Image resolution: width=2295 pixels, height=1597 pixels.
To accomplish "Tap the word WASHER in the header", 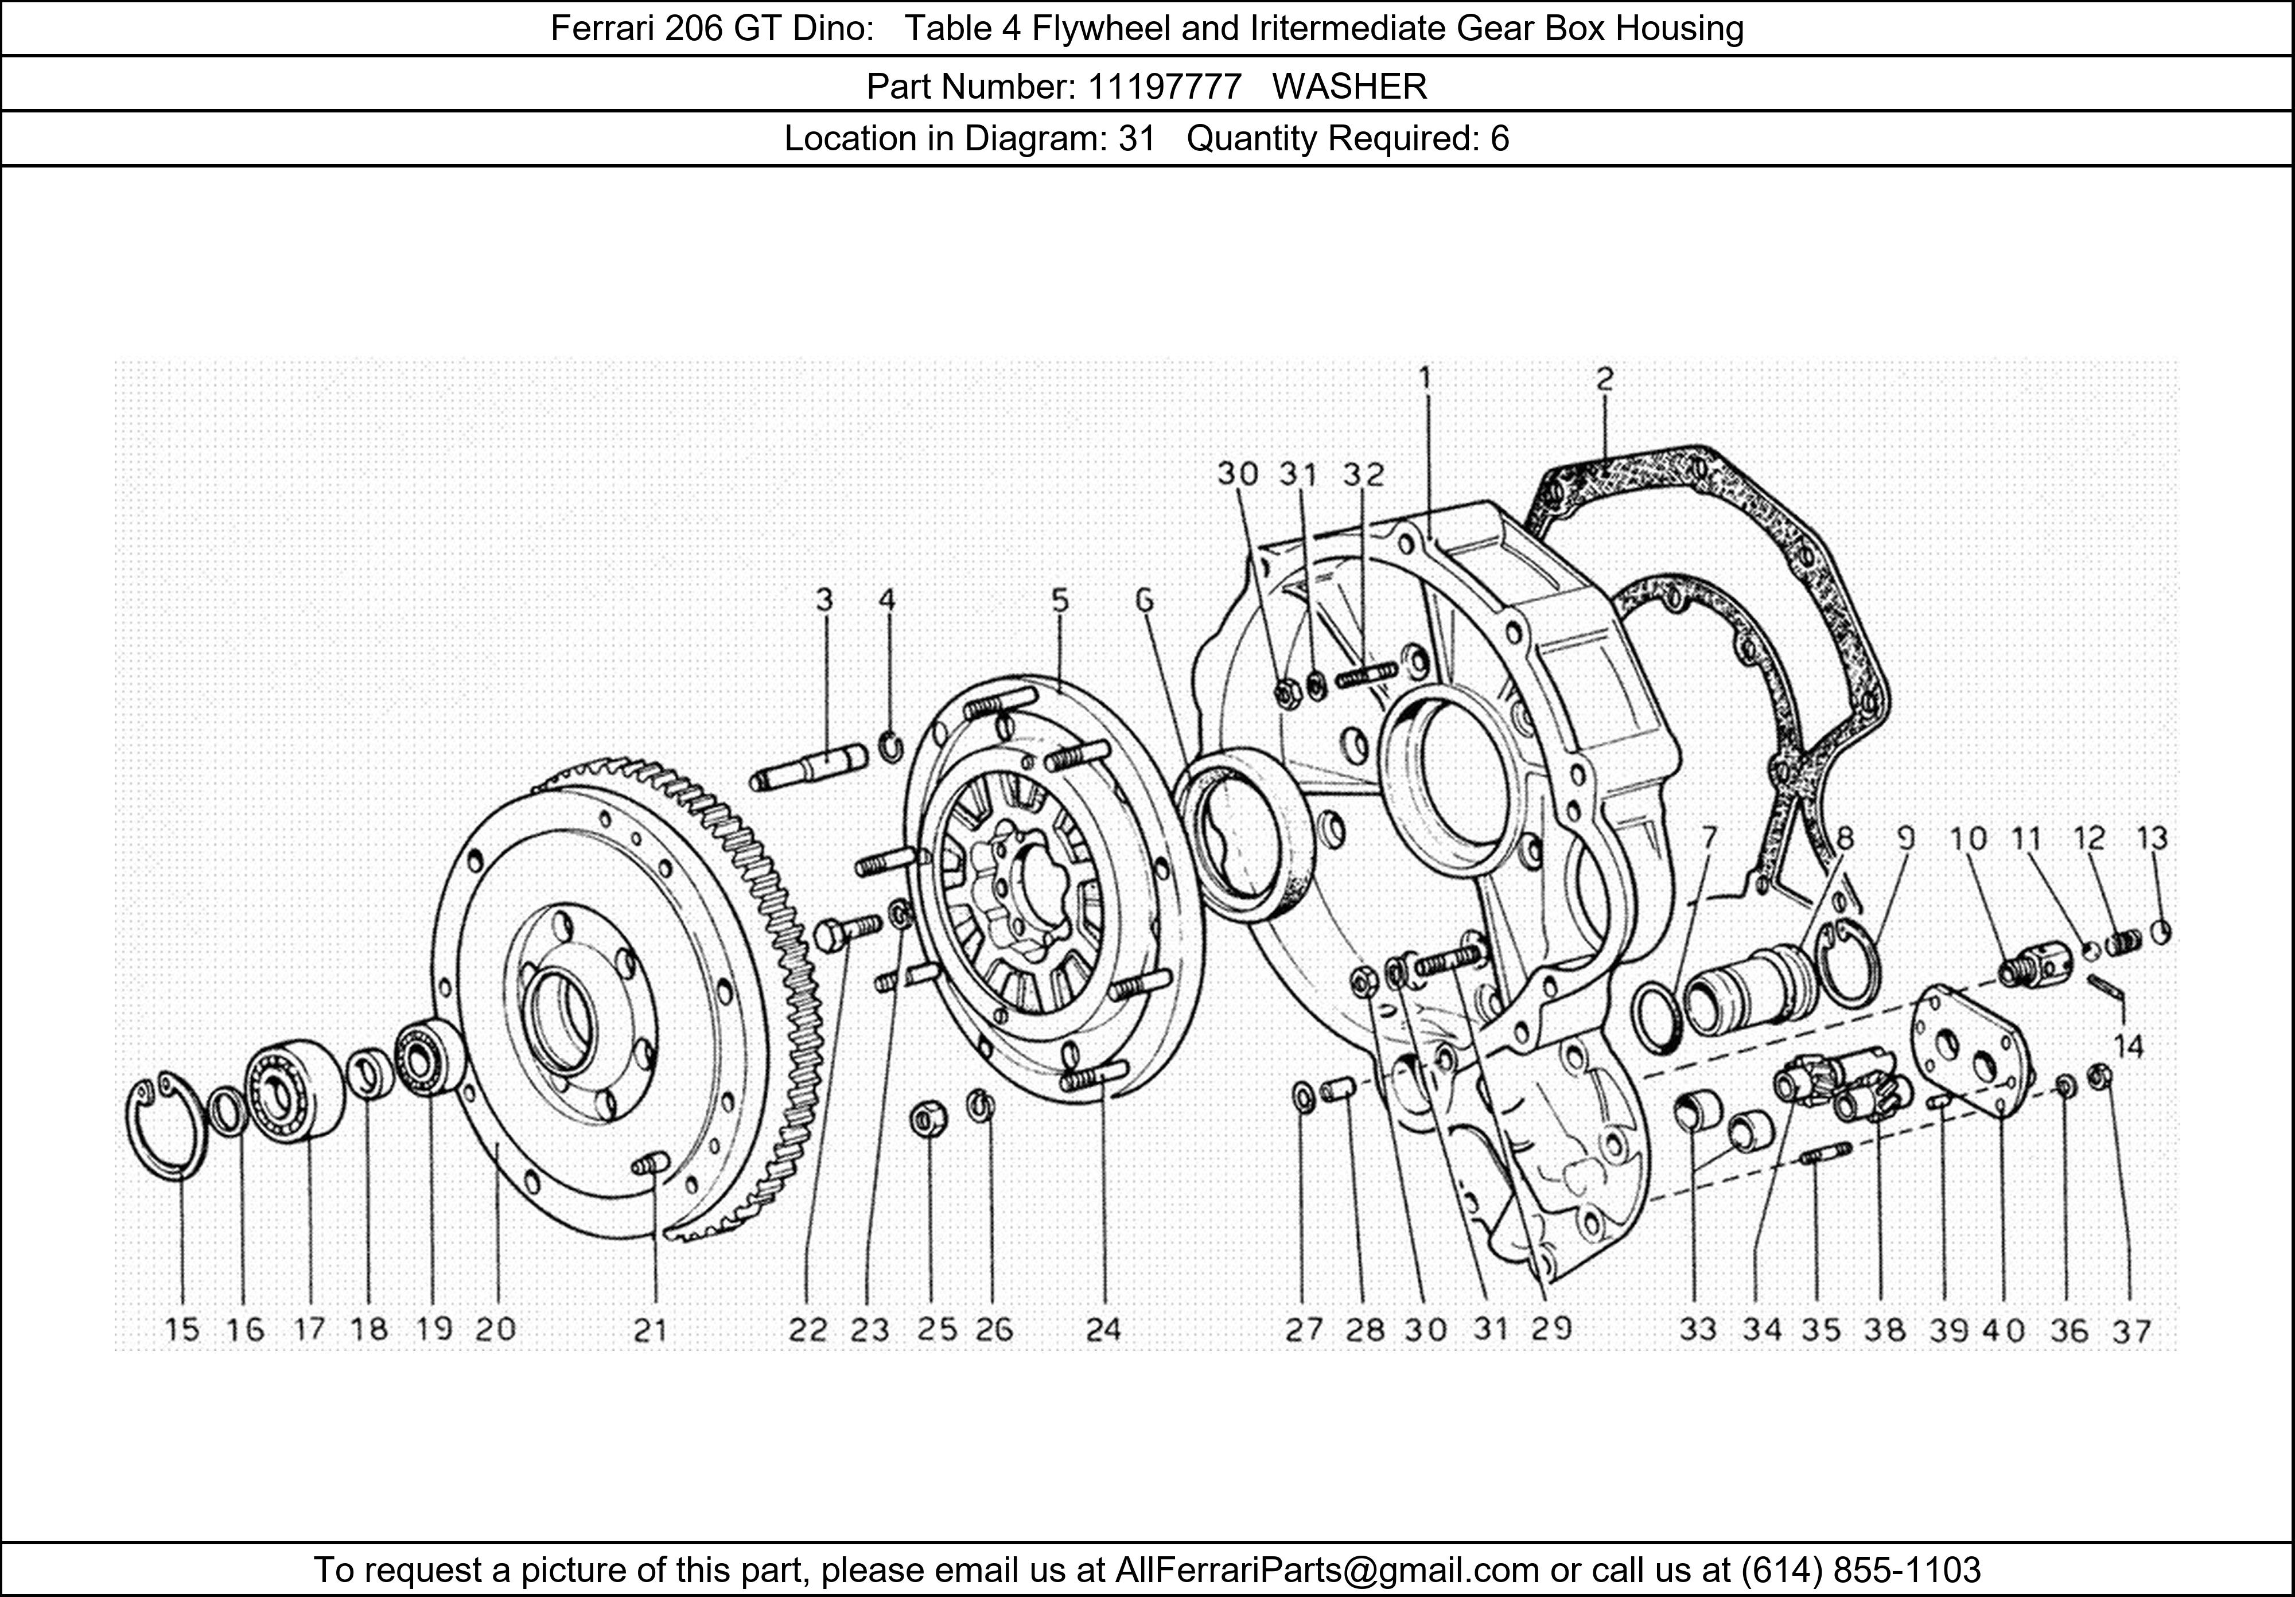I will [x=1349, y=87].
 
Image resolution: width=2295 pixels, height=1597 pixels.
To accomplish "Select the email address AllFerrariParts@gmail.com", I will [x=1327, y=1570].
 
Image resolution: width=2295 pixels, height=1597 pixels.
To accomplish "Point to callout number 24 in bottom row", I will [x=1103, y=1330].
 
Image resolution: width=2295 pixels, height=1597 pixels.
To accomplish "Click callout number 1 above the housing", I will [x=1425, y=378].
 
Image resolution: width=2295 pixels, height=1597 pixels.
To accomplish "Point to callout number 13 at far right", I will [x=2152, y=838].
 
